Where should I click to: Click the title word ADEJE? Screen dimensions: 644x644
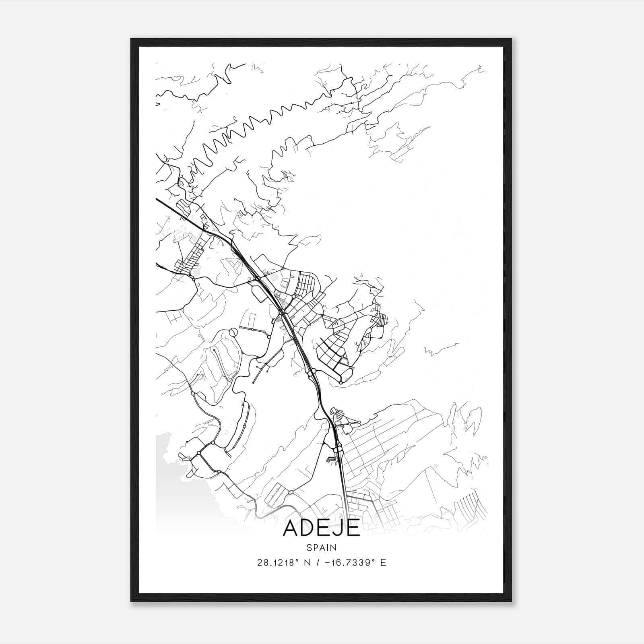(x=321, y=528)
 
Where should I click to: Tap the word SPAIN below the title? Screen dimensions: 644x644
(x=321, y=548)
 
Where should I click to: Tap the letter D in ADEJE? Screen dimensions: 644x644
(x=307, y=528)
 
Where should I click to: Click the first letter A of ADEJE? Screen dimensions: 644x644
(x=291, y=528)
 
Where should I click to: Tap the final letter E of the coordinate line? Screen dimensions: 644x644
(x=383, y=563)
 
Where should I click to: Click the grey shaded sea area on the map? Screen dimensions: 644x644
(x=169, y=483)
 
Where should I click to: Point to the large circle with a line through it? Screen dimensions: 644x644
(x=233, y=332)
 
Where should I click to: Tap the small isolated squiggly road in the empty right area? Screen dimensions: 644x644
(x=441, y=349)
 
